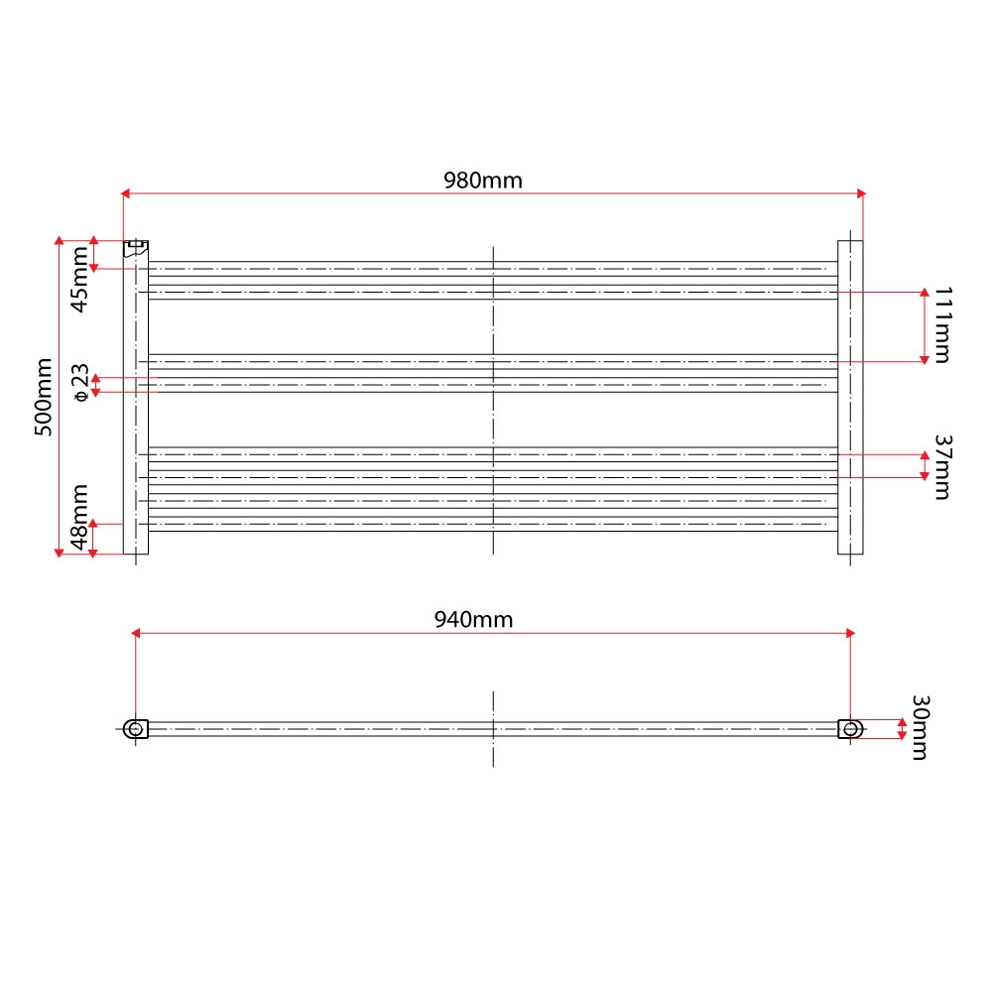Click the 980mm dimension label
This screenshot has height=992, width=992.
483,181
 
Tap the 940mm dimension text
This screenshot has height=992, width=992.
473,619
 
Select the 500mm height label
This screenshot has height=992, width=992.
43,397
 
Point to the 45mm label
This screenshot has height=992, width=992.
79,279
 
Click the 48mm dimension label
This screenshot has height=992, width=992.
79,518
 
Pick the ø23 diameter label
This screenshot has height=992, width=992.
81,383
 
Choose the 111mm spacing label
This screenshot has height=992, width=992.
942,325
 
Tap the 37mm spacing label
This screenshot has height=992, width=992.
942,467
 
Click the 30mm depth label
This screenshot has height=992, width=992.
920,727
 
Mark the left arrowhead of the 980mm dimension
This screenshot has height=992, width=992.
125,193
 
